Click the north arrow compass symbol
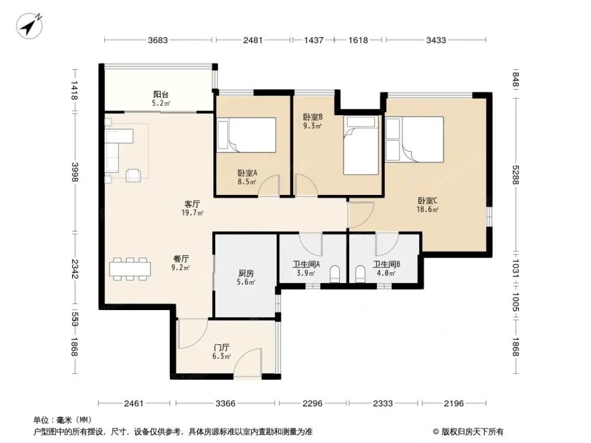(30, 25)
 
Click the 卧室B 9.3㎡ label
(313, 121)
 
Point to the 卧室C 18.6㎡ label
(427, 205)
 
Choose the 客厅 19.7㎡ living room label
(192, 209)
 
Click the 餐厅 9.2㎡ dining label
(181, 263)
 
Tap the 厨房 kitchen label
(246, 277)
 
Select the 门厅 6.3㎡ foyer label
(221, 351)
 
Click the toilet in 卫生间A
(335, 274)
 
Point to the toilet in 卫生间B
(361, 274)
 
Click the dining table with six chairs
(130, 269)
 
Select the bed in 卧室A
(246, 135)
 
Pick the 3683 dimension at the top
(158, 40)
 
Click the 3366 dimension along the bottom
(225, 403)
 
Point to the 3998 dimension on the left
(74, 172)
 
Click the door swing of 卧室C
(361, 215)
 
